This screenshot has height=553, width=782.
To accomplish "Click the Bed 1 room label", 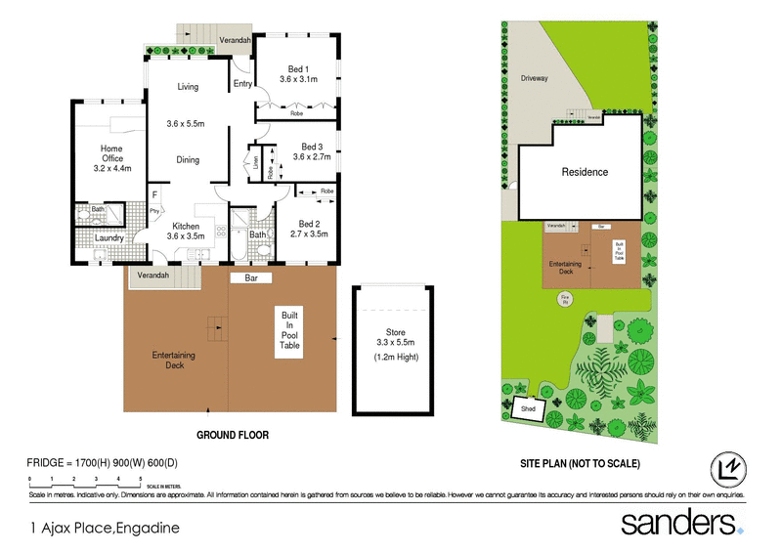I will tap(297, 68).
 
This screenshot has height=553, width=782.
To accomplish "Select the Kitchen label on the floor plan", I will tap(186, 226).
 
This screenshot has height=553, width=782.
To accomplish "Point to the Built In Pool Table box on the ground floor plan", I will tap(290, 332).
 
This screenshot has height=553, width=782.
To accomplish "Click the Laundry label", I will tap(108, 237).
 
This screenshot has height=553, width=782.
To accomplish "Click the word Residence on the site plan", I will tap(585, 172).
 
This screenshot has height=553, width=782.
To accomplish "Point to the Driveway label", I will tap(534, 78).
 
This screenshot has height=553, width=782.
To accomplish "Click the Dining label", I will tap(188, 160).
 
